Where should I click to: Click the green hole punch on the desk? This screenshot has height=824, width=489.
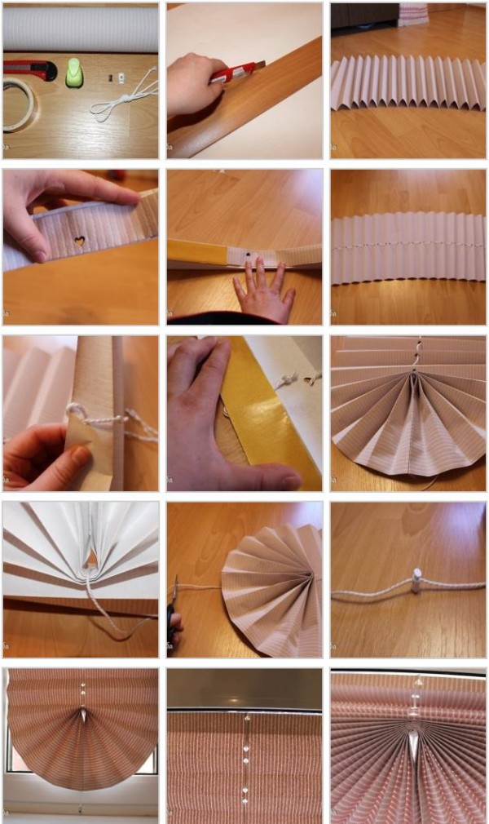pos(75,71)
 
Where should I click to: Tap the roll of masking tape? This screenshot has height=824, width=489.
pos(18,106)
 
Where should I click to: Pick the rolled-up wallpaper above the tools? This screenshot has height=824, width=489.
pos(81,29)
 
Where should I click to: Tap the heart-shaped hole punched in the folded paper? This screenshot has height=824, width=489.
pos(79,242)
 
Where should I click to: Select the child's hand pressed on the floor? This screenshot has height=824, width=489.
pos(262,292)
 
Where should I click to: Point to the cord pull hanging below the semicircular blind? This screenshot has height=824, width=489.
pos(81,808)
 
